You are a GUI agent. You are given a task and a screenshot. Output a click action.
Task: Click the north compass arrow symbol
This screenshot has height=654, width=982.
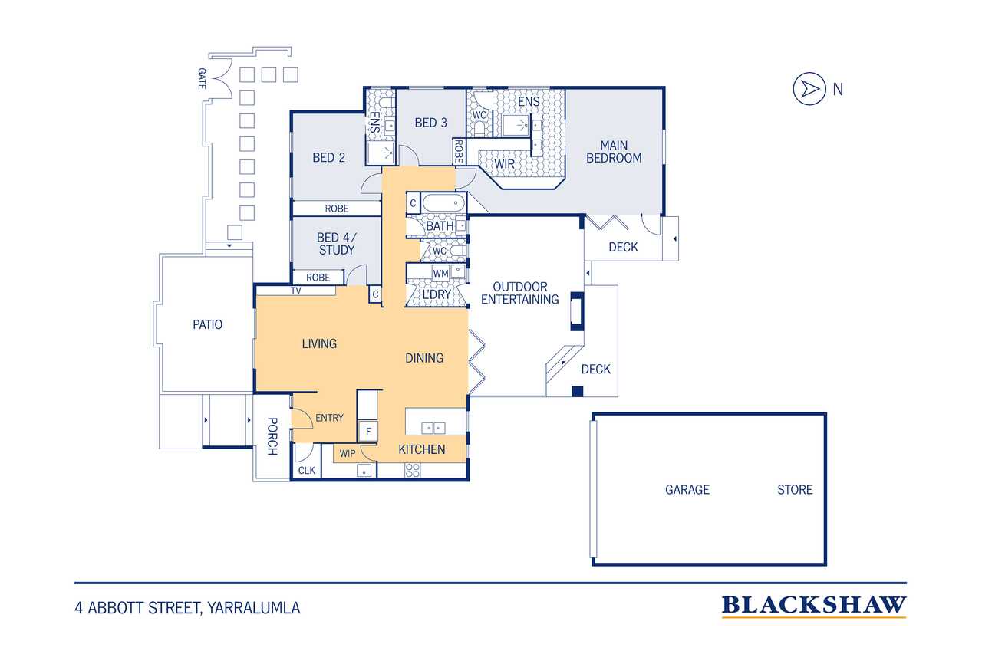[x=809, y=89]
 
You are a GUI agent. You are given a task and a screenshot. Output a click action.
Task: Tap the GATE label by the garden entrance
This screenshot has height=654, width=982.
[x=202, y=79]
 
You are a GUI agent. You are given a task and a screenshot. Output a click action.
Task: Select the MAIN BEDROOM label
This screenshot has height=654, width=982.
[x=614, y=152]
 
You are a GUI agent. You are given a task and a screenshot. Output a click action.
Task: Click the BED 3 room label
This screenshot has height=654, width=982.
[x=431, y=123]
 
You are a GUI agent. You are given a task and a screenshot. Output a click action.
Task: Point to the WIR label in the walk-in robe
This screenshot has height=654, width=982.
[x=505, y=164]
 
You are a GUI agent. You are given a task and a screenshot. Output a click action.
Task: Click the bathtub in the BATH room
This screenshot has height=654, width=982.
[x=443, y=204]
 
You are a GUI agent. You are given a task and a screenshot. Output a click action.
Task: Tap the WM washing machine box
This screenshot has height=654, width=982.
[x=440, y=274]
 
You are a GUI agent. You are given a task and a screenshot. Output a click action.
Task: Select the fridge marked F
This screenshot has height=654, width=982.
[x=367, y=432]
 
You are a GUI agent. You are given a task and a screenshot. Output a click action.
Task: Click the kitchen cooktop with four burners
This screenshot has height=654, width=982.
[x=413, y=471]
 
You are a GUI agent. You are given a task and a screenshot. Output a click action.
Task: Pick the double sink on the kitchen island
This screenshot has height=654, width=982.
[x=433, y=428]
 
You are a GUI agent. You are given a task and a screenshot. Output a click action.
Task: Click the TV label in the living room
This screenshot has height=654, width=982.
[x=296, y=291]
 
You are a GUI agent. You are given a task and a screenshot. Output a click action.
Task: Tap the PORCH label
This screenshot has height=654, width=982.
[x=272, y=436]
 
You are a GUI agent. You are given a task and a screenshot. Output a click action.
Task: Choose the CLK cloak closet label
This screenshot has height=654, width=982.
[x=306, y=471]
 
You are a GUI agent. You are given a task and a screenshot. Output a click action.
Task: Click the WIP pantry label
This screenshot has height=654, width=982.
[x=348, y=454]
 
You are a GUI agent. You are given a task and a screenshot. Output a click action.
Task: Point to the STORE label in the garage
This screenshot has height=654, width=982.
[x=795, y=489]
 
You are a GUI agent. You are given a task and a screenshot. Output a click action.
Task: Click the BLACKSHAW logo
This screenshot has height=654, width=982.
[x=814, y=606]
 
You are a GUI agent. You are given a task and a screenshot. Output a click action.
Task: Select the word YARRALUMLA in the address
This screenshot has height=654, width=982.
[x=253, y=608]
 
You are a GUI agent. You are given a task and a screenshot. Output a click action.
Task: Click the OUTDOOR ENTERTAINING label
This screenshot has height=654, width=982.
[x=520, y=293]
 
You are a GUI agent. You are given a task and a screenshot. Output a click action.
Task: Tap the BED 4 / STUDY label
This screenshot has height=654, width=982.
[x=337, y=244]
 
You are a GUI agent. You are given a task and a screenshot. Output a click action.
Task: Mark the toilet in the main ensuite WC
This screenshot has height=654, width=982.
[x=479, y=128]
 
